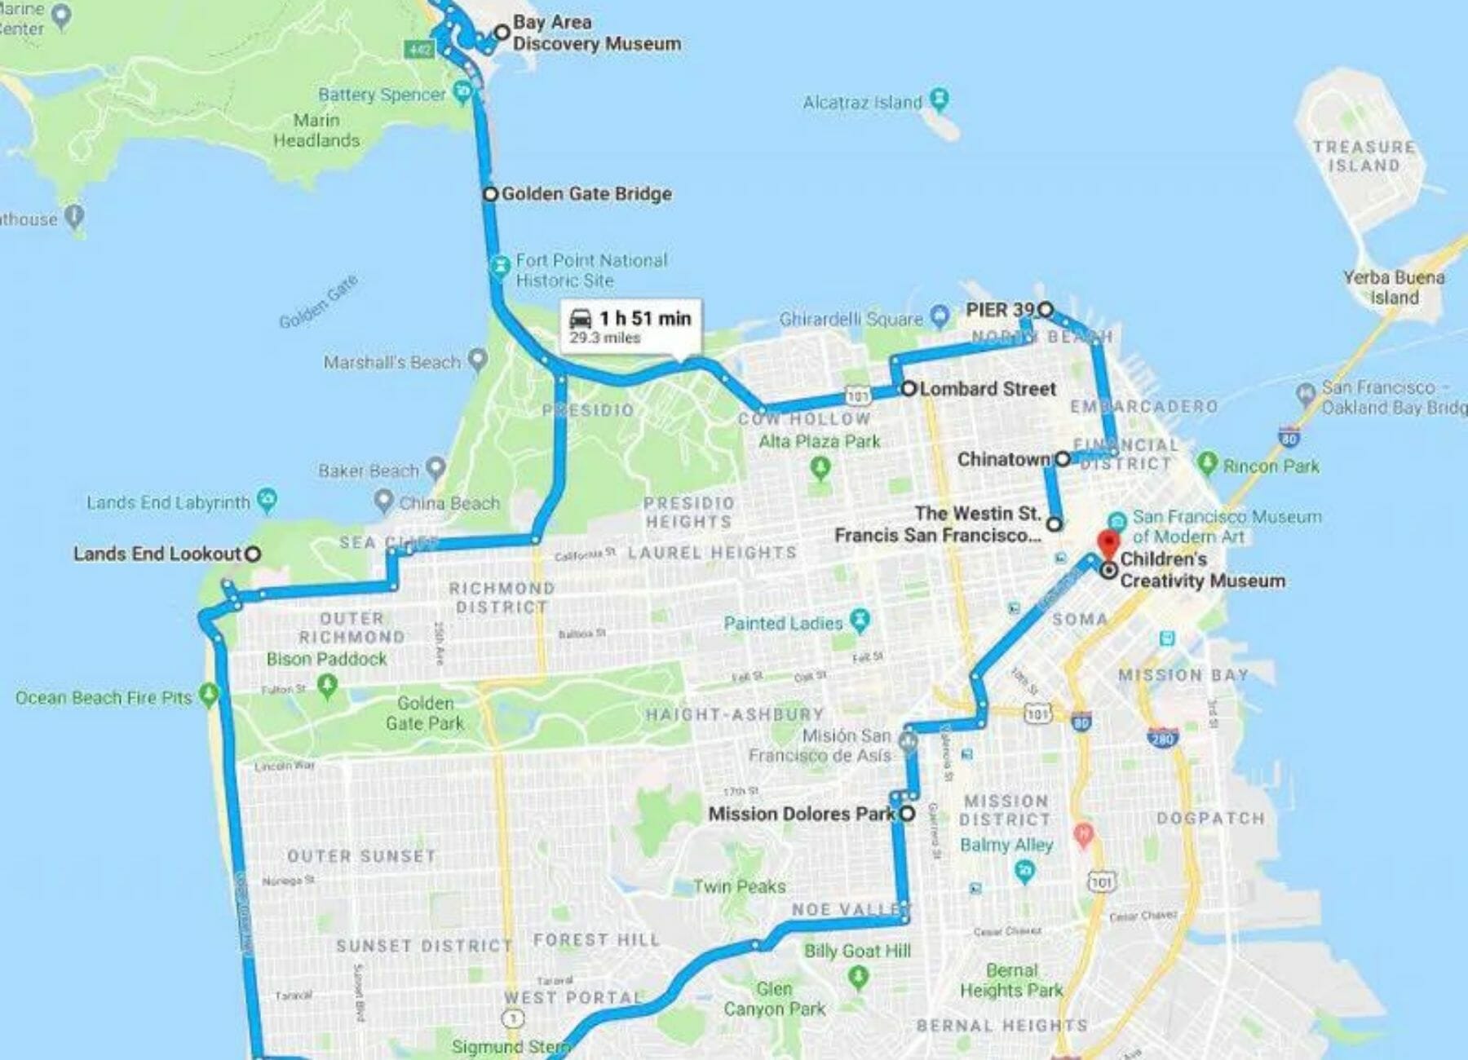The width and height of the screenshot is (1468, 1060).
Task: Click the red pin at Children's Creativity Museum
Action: [x=1107, y=543]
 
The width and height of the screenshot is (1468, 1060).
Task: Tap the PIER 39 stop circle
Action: [x=1046, y=309]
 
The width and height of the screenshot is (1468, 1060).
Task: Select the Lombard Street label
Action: [x=988, y=389]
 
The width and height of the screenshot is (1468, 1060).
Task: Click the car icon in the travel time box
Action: [x=581, y=319]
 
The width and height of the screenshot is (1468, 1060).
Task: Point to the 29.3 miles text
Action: [x=604, y=338]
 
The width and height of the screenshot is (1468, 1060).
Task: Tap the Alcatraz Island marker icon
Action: [x=940, y=99]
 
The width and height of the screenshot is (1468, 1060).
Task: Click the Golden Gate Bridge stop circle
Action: [x=490, y=194]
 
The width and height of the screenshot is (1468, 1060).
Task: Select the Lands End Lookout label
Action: [x=157, y=554]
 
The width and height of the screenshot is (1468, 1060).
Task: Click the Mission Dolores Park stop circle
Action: [x=907, y=813]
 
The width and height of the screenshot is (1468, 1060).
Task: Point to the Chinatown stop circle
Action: [x=1062, y=459]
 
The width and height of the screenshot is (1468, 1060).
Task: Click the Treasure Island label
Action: [x=1364, y=156]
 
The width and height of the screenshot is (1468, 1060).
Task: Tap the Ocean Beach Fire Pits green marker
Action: [x=210, y=695]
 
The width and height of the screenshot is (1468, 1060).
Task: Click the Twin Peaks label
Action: [x=739, y=886]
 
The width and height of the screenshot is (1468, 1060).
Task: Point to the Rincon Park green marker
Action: [x=1208, y=463]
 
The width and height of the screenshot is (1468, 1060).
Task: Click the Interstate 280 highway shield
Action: [x=1161, y=738]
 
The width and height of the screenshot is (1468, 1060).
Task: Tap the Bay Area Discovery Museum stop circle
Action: [x=502, y=33]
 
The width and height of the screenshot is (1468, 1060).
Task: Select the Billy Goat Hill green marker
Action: [x=857, y=975]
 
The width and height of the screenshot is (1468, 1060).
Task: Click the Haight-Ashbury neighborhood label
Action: [x=735, y=714]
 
